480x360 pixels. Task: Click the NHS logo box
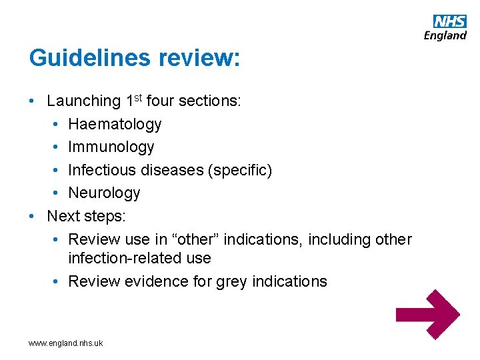[450, 21]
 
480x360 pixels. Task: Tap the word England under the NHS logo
[445, 35]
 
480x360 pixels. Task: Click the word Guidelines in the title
[90, 58]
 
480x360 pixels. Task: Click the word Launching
[83, 101]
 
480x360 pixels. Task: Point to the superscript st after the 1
[138, 98]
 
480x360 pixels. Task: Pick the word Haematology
[115, 124]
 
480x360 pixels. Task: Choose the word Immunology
[111, 147]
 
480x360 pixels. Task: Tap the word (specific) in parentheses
[241, 170]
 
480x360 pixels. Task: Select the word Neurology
[104, 193]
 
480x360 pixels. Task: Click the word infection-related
[122, 258]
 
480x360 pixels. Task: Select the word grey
[231, 281]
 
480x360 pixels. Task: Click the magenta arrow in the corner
[427, 315]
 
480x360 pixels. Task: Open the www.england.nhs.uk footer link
[66, 343]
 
